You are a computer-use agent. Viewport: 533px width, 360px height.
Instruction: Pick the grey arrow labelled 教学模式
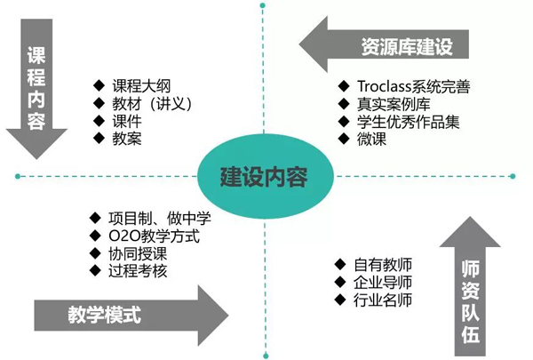pyautogui.click(x=124, y=314)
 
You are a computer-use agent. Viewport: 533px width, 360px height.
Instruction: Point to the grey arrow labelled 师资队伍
pyautogui.click(x=471, y=284)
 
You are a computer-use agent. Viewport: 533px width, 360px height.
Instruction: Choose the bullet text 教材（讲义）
pyautogui.click(x=152, y=103)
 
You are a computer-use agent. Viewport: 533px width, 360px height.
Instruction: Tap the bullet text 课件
pyautogui.click(x=125, y=121)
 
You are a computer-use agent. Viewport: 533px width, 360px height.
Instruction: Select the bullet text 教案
pyautogui.click(x=125, y=138)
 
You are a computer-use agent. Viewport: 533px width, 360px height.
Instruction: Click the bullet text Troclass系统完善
pyautogui.click(x=413, y=86)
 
